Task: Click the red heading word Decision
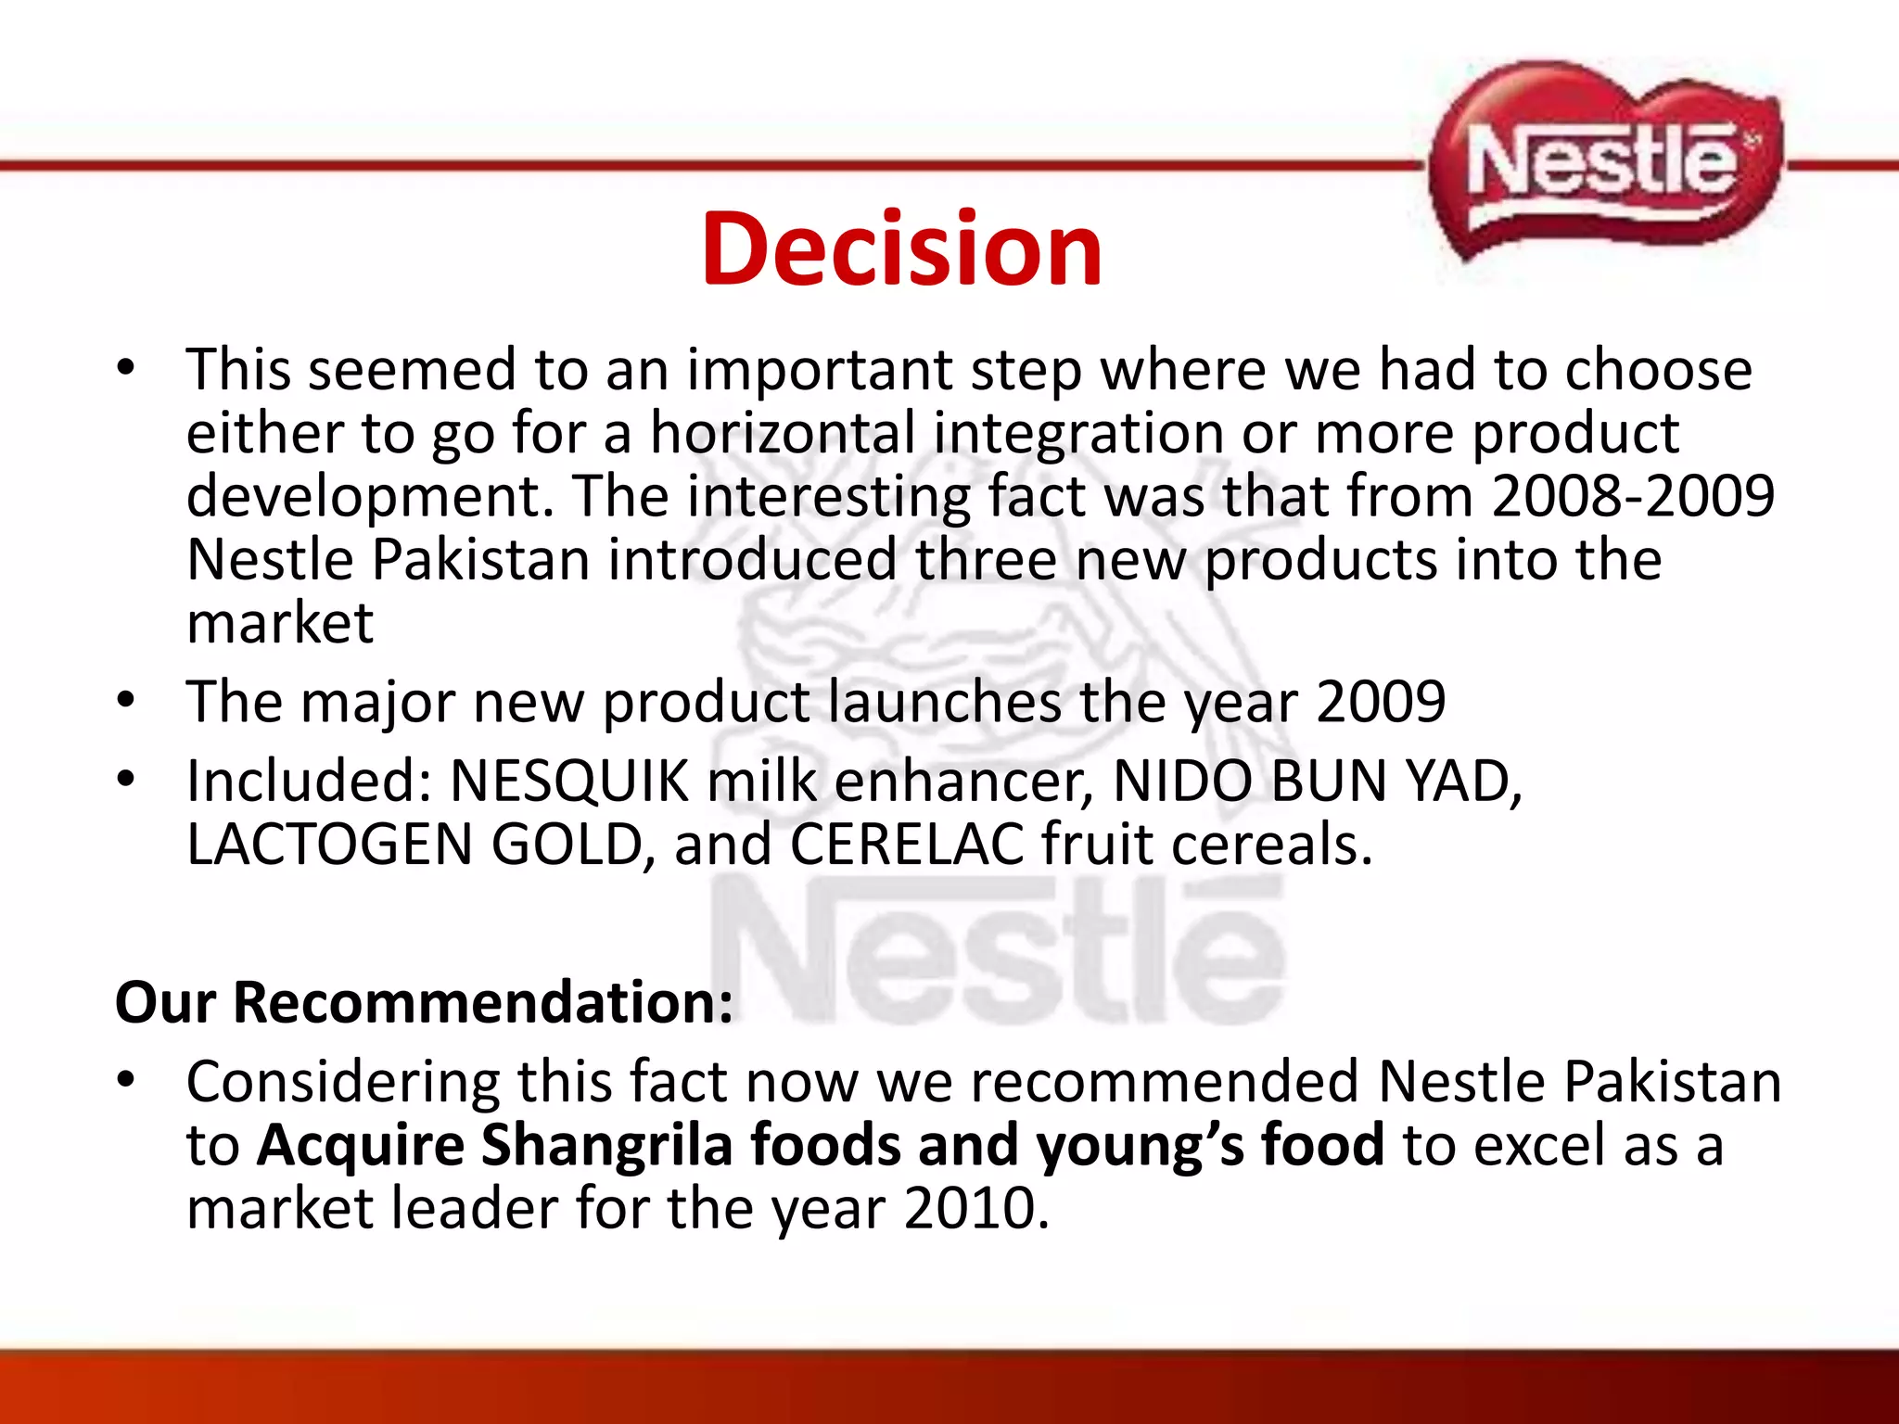(901, 248)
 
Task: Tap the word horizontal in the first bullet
(783, 433)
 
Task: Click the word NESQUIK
(569, 781)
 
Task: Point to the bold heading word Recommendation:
(483, 1002)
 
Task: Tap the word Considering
(342, 1083)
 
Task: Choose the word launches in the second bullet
(945, 701)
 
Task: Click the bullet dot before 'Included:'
(127, 779)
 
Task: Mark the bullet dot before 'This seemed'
(127, 367)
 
